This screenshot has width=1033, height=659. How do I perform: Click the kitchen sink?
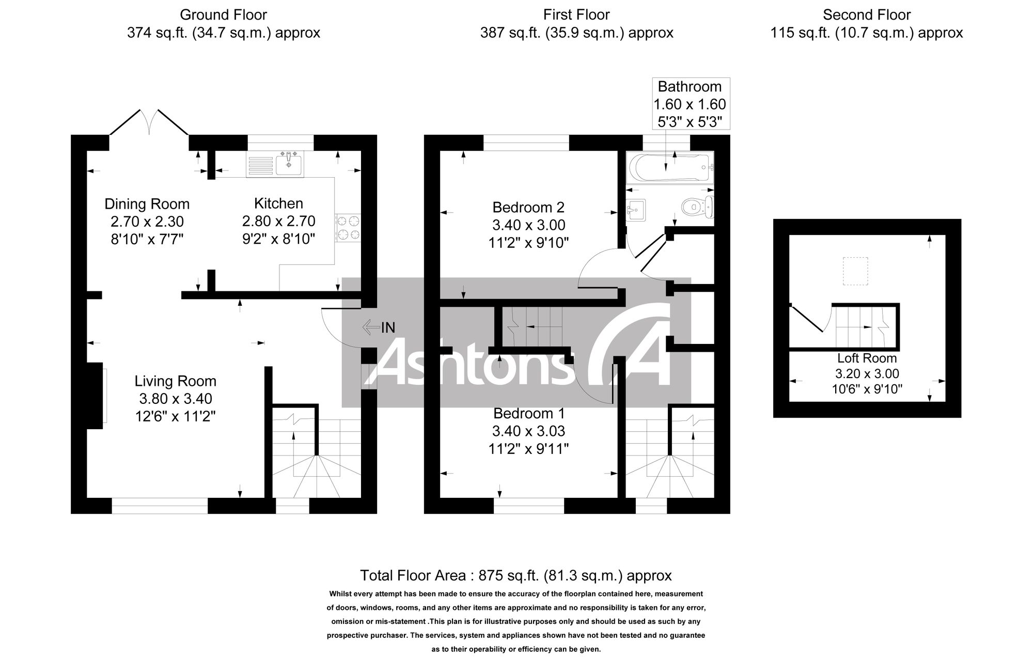click(289, 164)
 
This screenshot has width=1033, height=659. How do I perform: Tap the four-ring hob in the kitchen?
click(348, 228)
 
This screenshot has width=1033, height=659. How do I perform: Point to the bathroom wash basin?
click(635, 210)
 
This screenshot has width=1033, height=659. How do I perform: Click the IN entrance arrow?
click(372, 327)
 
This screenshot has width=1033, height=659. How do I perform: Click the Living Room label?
click(175, 381)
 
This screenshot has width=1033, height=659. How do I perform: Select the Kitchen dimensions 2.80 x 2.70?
click(278, 221)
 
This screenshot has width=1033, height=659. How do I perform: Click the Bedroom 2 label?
click(528, 208)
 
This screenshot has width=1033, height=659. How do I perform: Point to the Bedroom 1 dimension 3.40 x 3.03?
click(528, 431)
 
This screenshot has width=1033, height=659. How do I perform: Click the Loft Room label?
click(867, 358)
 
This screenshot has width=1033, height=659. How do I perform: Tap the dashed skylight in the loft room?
click(855, 271)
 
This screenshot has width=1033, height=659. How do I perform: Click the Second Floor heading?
click(867, 15)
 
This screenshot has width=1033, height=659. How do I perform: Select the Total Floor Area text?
click(515, 575)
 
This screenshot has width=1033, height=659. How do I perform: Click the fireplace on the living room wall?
click(95, 396)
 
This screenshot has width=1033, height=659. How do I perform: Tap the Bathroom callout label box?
click(690, 104)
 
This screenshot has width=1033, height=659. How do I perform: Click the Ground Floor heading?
click(223, 15)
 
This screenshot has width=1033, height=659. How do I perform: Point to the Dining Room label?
click(147, 204)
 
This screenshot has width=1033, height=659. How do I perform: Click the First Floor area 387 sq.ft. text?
click(576, 33)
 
